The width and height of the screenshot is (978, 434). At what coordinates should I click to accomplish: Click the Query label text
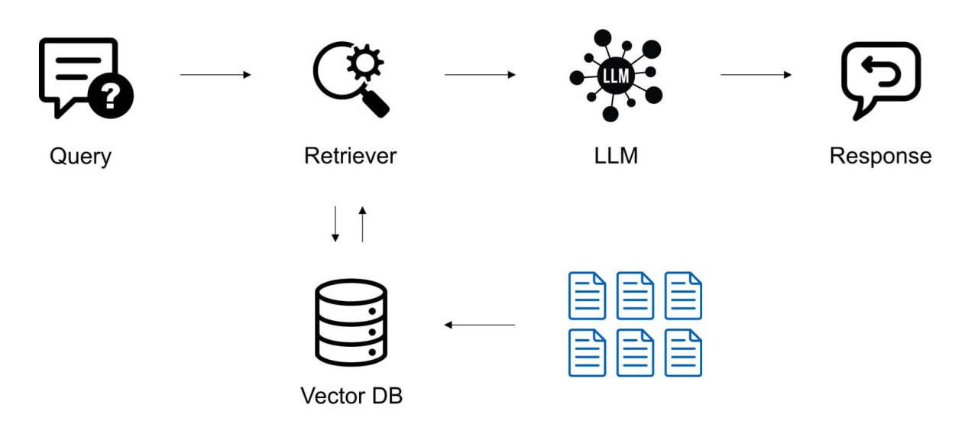(80, 156)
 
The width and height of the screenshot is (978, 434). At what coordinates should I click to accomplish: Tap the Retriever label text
(350, 156)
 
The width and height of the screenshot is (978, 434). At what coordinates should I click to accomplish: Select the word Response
(880, 156)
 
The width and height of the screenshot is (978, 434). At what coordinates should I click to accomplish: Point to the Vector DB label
(351, 396)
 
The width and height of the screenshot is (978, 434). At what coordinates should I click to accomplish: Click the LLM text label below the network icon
(616, 156)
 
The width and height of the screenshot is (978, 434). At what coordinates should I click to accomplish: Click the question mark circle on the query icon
(111, 96)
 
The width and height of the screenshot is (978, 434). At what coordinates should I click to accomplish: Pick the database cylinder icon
(351, 322)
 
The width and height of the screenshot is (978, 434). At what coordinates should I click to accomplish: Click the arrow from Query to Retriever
(215, 75)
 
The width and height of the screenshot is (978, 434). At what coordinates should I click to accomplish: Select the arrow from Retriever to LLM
(480, 75)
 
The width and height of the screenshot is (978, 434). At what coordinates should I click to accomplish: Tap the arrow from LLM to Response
(756, 75)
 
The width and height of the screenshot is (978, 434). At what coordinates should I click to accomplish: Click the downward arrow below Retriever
(335, 224)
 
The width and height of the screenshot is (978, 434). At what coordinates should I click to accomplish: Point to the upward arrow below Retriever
(363, 224)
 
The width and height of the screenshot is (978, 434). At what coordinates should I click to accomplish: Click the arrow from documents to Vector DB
(480, 325)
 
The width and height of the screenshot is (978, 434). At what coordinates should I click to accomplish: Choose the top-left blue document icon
(587, 296)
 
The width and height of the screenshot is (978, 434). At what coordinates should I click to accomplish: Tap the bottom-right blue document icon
(683, 352)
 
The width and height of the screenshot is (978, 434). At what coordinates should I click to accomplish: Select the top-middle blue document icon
(635, 296)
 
